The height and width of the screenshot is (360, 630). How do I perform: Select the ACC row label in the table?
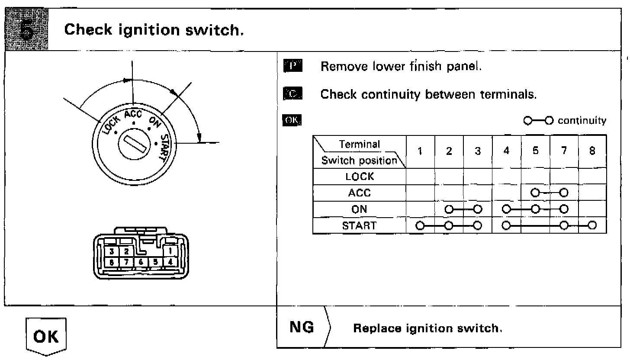pos(359,193)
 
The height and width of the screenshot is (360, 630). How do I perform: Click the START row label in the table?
pos(359,225)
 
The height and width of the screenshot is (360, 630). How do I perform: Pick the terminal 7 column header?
pos(564,151)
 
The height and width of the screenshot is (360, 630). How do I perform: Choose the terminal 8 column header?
pos(592,151)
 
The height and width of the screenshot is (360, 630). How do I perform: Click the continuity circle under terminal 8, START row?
pos(592,225)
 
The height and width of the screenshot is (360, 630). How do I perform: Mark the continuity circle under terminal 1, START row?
pos(419,225)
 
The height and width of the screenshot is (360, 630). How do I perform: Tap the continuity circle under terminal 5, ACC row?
pos(535,193)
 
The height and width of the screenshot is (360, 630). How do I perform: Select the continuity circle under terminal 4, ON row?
pos(507,209)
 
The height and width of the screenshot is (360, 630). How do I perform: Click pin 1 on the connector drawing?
pos(170,251)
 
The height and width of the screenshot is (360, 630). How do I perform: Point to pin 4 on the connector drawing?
pos(170,262)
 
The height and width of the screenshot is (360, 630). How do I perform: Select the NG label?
pos(302,328)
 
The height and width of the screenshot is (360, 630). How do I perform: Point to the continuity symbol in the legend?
pos(538,120)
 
